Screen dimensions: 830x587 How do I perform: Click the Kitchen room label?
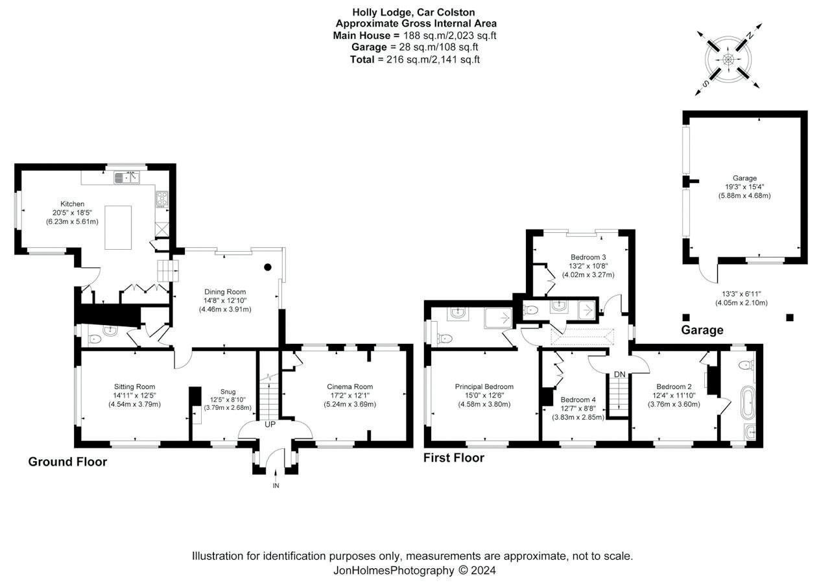(x=72, y=204)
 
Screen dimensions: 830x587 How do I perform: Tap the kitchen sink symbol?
(x=126, y=178)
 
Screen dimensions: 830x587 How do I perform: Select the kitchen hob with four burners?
(x=162, y=198)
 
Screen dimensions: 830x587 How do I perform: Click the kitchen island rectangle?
(x=118, y=228)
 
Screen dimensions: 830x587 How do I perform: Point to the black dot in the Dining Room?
(x=268, y=267)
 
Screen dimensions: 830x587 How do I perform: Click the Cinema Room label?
(x=350, y=387)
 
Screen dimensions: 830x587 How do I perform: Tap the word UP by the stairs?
(x=270, y=424)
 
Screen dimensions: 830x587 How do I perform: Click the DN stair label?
(x=619, y=374)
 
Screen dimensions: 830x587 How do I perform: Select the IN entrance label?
(x=276, y=485)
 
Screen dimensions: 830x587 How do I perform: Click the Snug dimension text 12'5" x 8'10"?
(x=228, y=400)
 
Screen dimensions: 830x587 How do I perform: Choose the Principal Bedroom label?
(x=484, y=387)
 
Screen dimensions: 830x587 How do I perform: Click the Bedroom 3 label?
(x=588, y=257)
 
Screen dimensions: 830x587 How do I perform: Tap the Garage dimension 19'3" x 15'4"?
(x=745, y=187)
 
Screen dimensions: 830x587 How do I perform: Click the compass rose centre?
(x=728, y=59)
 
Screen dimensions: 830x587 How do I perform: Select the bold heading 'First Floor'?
(x=454, y=458)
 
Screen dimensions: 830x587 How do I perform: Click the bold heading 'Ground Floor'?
(x=67, y=462)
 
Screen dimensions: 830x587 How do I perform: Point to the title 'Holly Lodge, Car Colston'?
(x=414, y=12)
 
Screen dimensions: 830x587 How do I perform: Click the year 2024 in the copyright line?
(x=483, y=570)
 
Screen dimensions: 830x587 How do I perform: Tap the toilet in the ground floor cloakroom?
(x=95, y=339)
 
